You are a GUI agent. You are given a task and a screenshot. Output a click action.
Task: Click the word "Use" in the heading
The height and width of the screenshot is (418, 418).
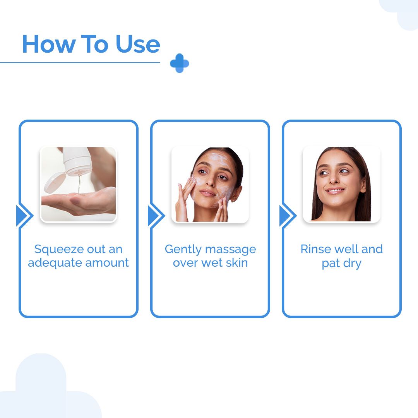pos(138,44)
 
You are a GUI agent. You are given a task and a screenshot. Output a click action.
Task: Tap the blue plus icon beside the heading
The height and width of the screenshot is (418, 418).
pos(180,63)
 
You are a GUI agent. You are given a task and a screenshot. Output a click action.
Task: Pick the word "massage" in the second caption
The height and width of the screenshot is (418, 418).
pos(231,249)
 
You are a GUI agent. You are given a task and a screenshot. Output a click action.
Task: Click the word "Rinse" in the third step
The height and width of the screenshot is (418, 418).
pos(314,249)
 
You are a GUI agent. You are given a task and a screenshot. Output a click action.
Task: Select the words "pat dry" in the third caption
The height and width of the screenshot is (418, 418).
pos(341,264)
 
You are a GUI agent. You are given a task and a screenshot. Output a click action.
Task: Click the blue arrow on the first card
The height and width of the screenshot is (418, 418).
pos(23,216)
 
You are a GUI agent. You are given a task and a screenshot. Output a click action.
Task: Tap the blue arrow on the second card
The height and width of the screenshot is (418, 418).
pos(155,216)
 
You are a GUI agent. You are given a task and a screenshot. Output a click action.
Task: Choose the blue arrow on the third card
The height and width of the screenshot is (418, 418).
pos(286,216)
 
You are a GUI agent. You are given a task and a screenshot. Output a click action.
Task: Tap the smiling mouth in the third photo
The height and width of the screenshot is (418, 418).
pos(335,190)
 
